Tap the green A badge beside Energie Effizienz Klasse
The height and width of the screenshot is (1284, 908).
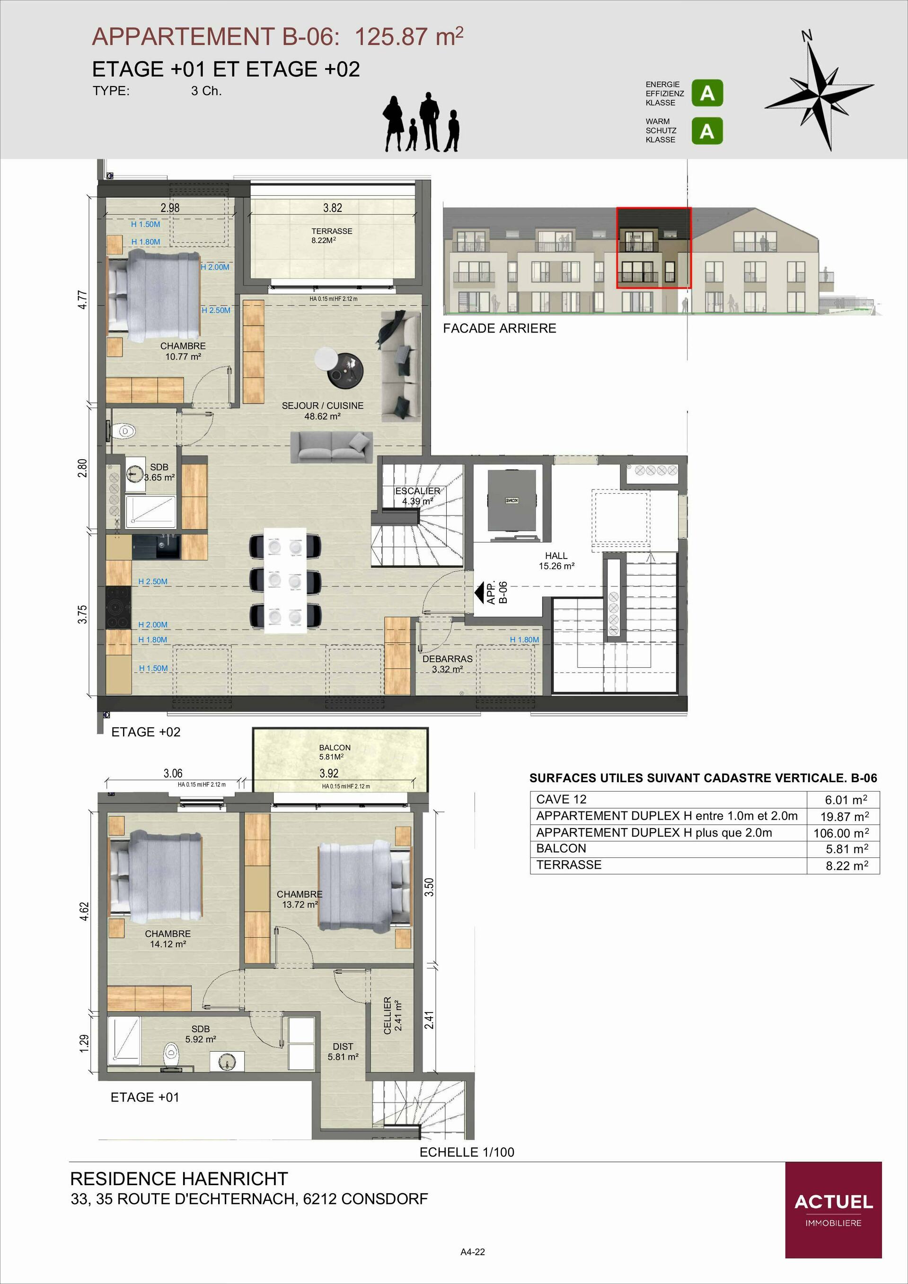click(707, 93)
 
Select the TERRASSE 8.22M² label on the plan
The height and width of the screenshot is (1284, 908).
click(332, 236)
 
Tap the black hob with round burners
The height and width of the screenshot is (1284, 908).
click(118, 607)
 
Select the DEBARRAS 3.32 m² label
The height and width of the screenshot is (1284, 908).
click(447, 664)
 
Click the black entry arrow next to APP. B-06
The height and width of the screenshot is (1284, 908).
click(479, 592)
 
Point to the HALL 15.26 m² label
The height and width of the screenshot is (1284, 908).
click(556, 560)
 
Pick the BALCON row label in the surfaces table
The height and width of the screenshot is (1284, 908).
click(561, 848)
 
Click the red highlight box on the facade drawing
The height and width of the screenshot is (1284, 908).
click(654, 248)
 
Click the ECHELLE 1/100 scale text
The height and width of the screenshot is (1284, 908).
click(467, 1152)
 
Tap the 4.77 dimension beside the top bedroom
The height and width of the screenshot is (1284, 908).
click(82, 299)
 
